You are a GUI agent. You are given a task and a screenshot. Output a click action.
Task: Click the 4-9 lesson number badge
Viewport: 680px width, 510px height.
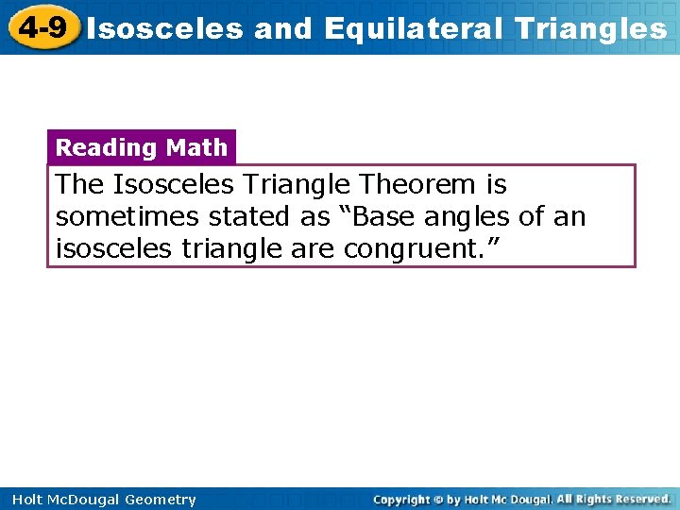(42, 28)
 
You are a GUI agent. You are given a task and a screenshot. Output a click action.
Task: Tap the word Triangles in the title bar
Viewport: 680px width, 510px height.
(588, 29)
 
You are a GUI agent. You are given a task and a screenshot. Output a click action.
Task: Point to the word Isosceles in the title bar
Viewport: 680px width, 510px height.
(166, 29)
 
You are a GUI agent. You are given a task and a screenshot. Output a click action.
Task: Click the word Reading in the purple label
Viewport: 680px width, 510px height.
(106, 147)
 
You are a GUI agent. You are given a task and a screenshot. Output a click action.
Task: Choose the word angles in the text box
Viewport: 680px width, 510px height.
(467, 218)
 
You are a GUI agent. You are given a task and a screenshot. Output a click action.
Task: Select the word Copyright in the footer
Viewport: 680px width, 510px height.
(400, 500)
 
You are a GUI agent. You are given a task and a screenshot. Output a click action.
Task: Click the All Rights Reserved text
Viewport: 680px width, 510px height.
(613, 499)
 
